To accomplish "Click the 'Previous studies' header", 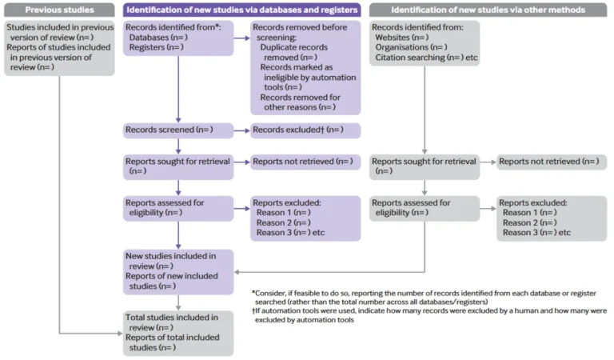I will pos(59,10).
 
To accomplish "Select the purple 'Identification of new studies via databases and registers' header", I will pos(241,10).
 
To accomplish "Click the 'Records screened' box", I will pos(178,130).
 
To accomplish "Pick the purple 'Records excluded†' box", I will pos(305,130).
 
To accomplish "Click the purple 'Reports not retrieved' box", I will pos(305,162).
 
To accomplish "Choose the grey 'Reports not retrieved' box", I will pos(549,162).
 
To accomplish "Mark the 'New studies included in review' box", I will pos(178,271).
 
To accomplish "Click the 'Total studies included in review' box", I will pos(178,333).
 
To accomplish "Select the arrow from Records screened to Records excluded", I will pos(241,130).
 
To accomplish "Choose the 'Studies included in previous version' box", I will pos(59,49).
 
